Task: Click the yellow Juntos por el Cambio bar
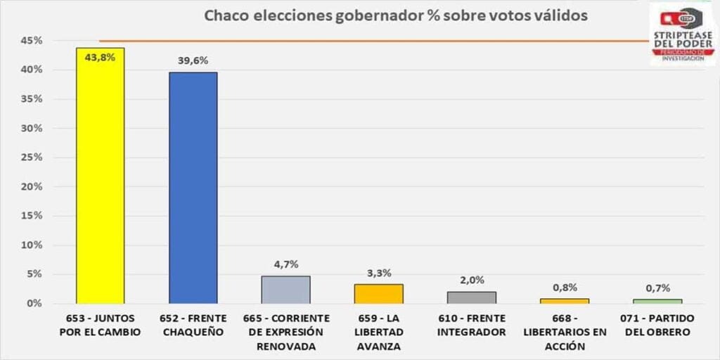click(x=100, y=176)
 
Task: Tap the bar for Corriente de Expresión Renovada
click(x=285, y=289)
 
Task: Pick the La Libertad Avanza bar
click(x=378, y=293)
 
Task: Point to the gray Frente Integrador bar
click(x=471, y=297)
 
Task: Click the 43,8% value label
click(x=100, y=58)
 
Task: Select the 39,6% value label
click(x=193, y=61)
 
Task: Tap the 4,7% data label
click(x=285, y=264)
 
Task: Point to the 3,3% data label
click(x=378, y=273)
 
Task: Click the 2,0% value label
click(x=471, y=280)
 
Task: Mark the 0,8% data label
click(x=564, y=287)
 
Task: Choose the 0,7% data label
click(x=657, y=288)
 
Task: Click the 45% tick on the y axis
click(x=32, y=41)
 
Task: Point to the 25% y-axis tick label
click(x=32, y=157)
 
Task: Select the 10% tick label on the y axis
click(x=32, y=245)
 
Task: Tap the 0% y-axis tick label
click(x=34, y=304)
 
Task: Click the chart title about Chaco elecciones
click(x=396, y=15)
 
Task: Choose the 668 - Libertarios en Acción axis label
click(x=564, y=332)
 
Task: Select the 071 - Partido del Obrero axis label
click(x=657, y=325)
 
